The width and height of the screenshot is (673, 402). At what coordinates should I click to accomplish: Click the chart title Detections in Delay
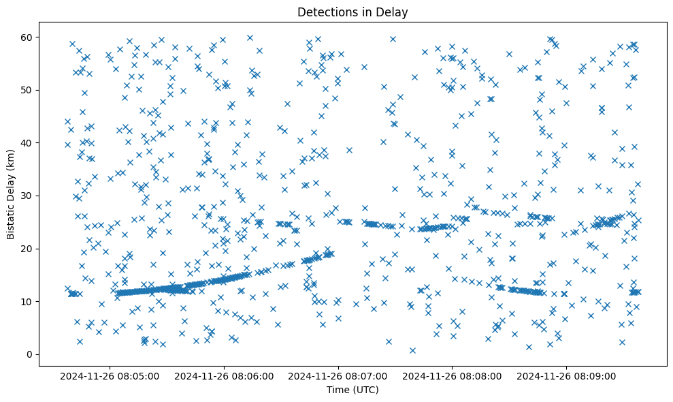(x=352, y=12)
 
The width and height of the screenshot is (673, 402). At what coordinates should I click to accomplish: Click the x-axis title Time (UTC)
(x=352, y=390)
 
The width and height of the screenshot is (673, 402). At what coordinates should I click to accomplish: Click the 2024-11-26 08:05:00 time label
(x=110, y=375)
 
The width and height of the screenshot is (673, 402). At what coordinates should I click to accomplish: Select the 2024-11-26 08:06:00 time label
(x=224, y=375)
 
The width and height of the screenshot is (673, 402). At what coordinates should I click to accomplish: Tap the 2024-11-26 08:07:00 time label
(x=338, y=375)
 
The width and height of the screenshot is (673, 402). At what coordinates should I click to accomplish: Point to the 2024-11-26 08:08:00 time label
(x=453, y=375)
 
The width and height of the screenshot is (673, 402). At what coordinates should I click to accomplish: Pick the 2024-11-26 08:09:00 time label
(x=567, y=375)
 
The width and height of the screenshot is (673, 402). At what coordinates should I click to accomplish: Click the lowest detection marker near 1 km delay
(x=412, y=350)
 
